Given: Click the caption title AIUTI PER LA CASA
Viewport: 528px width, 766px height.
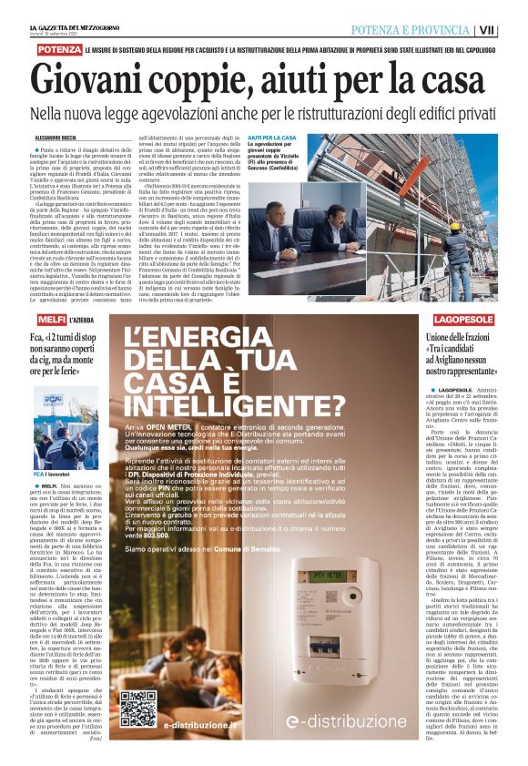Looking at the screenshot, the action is pos(272,138).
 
